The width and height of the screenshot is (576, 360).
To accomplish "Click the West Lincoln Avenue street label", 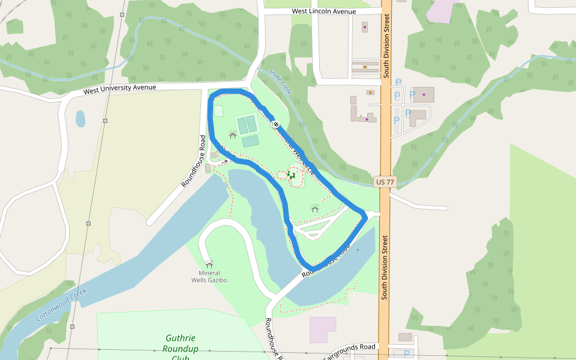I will coord(323,11).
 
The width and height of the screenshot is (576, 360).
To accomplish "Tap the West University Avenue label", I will coord(119,88).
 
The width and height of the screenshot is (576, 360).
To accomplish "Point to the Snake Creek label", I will coord(280,81).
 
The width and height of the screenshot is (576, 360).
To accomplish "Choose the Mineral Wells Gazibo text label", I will coord(209,277).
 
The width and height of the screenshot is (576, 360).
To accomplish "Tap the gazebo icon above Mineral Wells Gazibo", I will coord(209,264).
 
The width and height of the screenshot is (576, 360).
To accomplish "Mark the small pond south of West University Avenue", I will coord(80,119).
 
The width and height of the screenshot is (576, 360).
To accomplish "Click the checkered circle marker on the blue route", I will coord(276,124).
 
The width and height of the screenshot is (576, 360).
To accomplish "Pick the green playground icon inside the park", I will coord(291,175).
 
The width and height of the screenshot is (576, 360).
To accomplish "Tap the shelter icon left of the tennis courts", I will coord(232,135).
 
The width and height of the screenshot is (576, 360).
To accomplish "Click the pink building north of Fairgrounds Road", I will coord(323,329).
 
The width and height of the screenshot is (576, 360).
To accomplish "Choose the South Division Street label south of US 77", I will coord(386,267).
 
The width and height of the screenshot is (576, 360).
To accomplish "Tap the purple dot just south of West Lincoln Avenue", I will coord(364,27).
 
